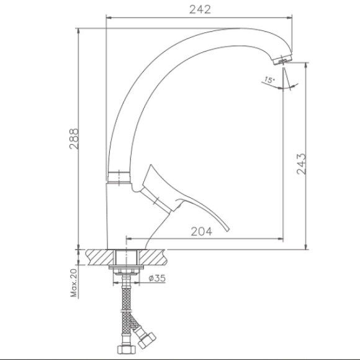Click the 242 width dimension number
200,10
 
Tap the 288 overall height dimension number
74,139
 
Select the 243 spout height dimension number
302,164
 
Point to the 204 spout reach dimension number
202,232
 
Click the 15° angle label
269,80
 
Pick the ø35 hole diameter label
157,278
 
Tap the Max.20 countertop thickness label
74,282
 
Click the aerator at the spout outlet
282,60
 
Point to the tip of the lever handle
228,230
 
